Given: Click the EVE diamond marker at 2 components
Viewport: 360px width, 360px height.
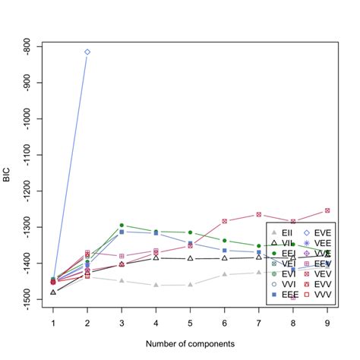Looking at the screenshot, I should click(x=87, y=52).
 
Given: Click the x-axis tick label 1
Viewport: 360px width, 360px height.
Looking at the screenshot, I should click(x=53, y=324).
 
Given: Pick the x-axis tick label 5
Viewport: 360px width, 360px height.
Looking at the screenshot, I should click(x=190, y=324).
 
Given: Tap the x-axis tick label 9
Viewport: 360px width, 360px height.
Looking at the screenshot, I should click(x=327, y=324).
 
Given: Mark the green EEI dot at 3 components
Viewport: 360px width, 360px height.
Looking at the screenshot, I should click(x=122, y=226).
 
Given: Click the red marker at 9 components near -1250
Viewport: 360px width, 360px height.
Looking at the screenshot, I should click(x=327, y=210).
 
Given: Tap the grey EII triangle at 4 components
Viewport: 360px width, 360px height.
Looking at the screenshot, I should click(x=156, y=285).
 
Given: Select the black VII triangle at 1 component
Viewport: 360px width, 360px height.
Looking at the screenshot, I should click(x=53, y=292).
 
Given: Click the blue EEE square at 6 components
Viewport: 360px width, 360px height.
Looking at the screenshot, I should click(x=224, y=250).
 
